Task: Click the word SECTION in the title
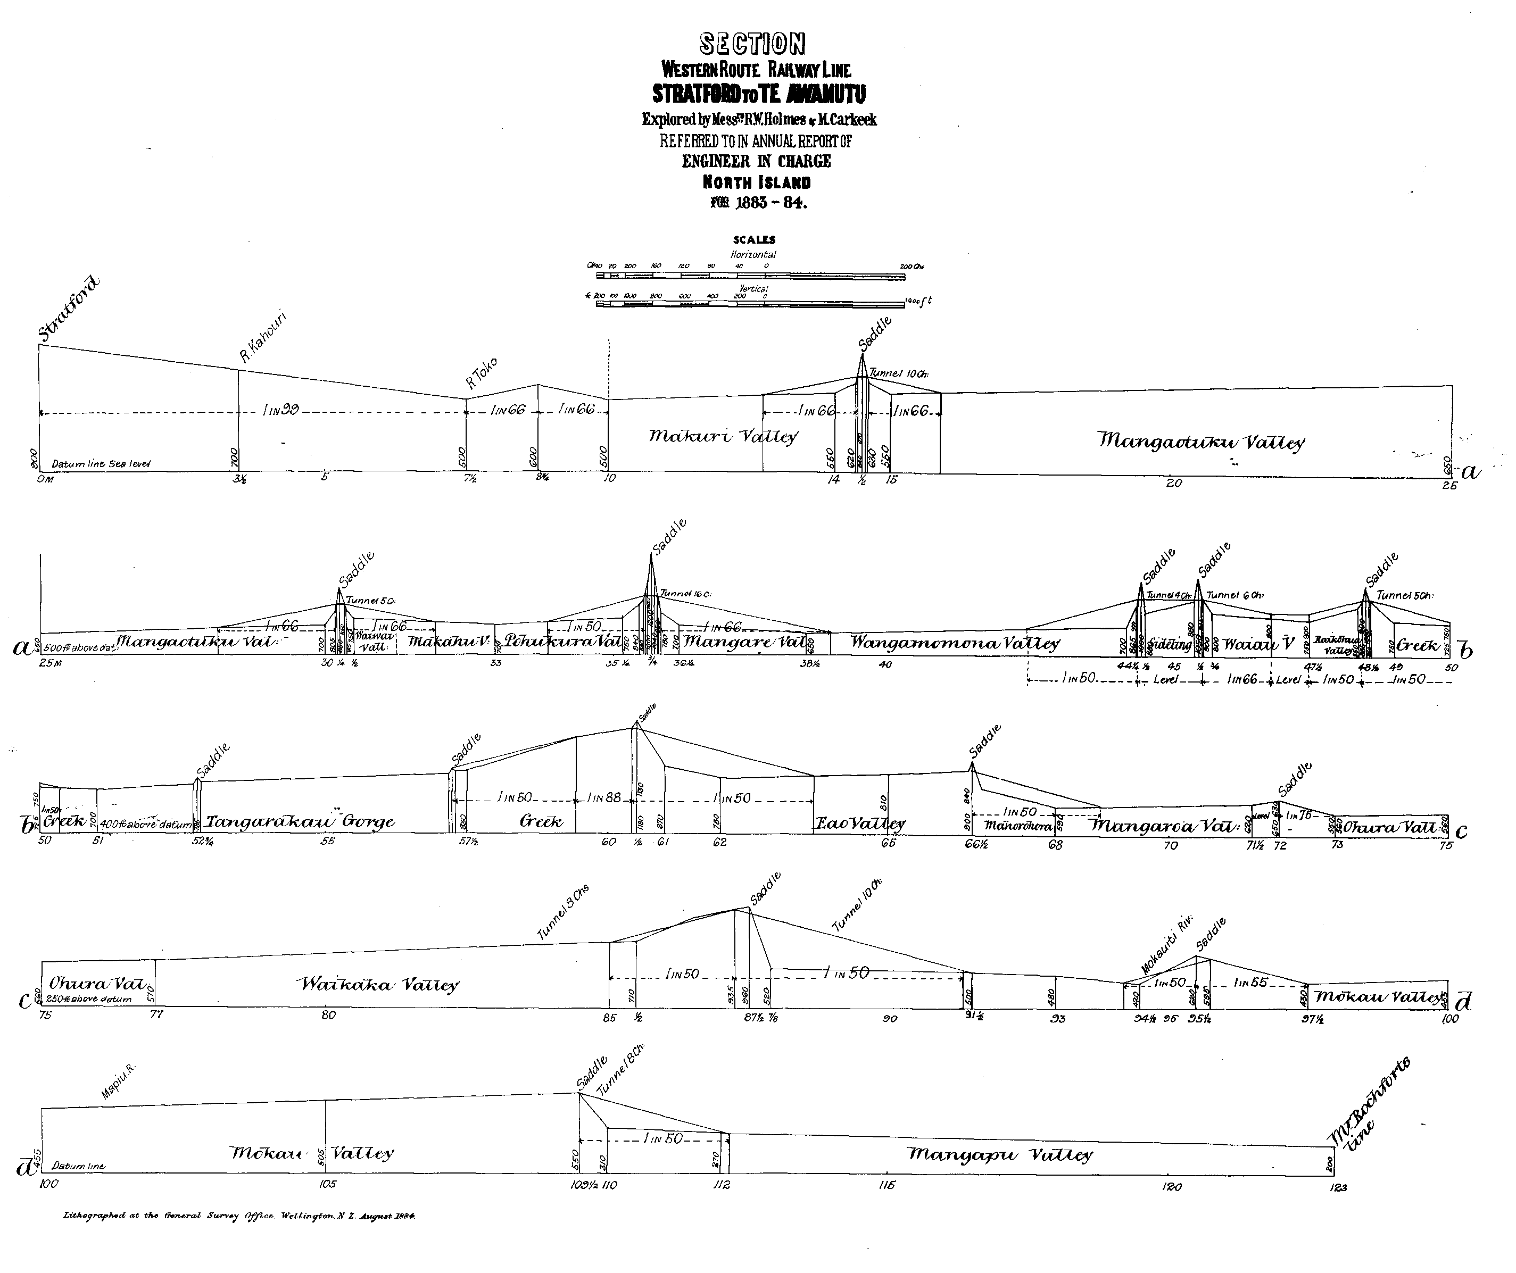(x=753, y=44)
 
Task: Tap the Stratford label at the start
(x=69, y=309)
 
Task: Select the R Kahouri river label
(x=263, y=337)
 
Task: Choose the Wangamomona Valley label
(x=955, y=643)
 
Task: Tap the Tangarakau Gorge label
(x=300, y=822)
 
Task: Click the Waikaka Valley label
(x=378, y=984)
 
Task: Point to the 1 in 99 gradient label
(x=281, y=411)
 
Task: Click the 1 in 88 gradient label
(x=604, y=797)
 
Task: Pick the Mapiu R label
(x=118, y=1082)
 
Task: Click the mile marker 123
(x=1337, y=1187)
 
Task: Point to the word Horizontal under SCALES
(x=753, y=255)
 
